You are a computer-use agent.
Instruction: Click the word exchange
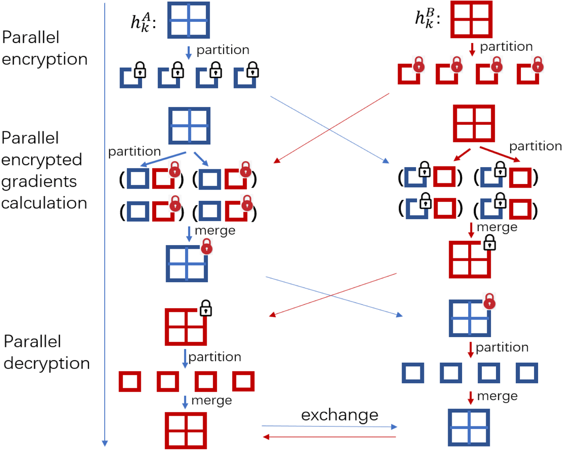pos(339,415)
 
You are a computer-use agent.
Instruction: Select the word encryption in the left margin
pos(45,59)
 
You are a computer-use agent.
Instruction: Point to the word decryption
pos(47,363)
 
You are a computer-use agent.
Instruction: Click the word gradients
pos(39,181)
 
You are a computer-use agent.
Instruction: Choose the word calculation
pos(44,203)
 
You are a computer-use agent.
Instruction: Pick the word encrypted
pos(42,160)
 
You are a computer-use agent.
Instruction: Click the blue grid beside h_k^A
pos(189,20)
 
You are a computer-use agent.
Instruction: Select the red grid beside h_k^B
pos(471,19)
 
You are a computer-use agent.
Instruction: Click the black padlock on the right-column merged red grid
pos(490,243)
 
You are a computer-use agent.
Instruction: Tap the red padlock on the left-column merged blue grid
pos(207,246)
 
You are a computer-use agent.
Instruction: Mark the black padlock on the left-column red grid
pos(206,308)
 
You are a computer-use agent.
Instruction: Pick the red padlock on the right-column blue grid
pos(489,301)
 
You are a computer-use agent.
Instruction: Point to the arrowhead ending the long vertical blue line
pos(105,444)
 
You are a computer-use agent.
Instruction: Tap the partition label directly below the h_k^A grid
pos(223,50)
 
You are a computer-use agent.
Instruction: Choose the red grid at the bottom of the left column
pos(186,430)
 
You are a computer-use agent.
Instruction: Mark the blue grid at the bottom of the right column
pos(469,427)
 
